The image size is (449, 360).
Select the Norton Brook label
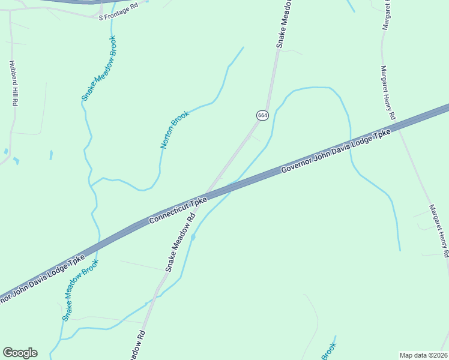pyautogui.click(x=175, y=130)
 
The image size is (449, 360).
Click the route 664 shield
pyautogui.click(x=262, y=115)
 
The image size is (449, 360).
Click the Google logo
pyautogui.click(x=20, y=353)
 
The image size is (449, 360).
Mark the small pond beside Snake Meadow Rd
pyautogui.click(x=193, y=238)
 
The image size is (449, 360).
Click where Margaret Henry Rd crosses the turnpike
pyautogui.click(x=399, y=127)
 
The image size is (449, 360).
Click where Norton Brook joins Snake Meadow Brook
pyautogui.click(x=91, y=184)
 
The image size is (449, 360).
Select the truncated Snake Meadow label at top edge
pyautogui.click(x=284, y=24)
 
